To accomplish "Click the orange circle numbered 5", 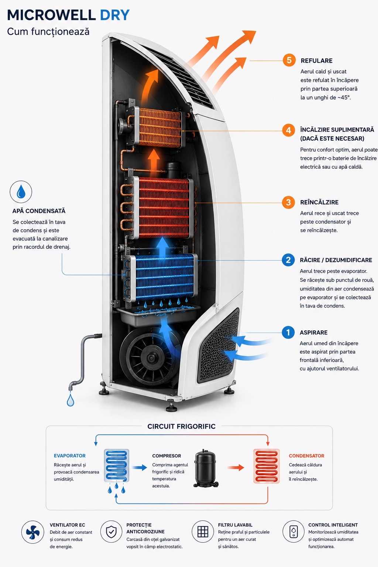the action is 289,60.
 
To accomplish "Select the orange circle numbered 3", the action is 288,202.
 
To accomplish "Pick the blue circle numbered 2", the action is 288,260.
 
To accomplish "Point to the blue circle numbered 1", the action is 288,332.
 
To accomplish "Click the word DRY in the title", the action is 115,15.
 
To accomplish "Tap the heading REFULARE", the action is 316,61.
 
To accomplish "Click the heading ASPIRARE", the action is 313,332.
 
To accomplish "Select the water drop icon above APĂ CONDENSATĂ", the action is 21,192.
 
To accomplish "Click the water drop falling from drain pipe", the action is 71,400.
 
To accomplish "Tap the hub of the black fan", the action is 151,358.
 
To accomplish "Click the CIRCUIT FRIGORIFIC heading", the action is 181,426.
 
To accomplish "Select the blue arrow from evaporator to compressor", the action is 140,468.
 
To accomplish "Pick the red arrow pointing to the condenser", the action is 236,468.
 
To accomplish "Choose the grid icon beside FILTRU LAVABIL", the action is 203,532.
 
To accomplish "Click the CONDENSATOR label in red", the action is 306,456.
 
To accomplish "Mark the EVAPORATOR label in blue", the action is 70,456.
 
